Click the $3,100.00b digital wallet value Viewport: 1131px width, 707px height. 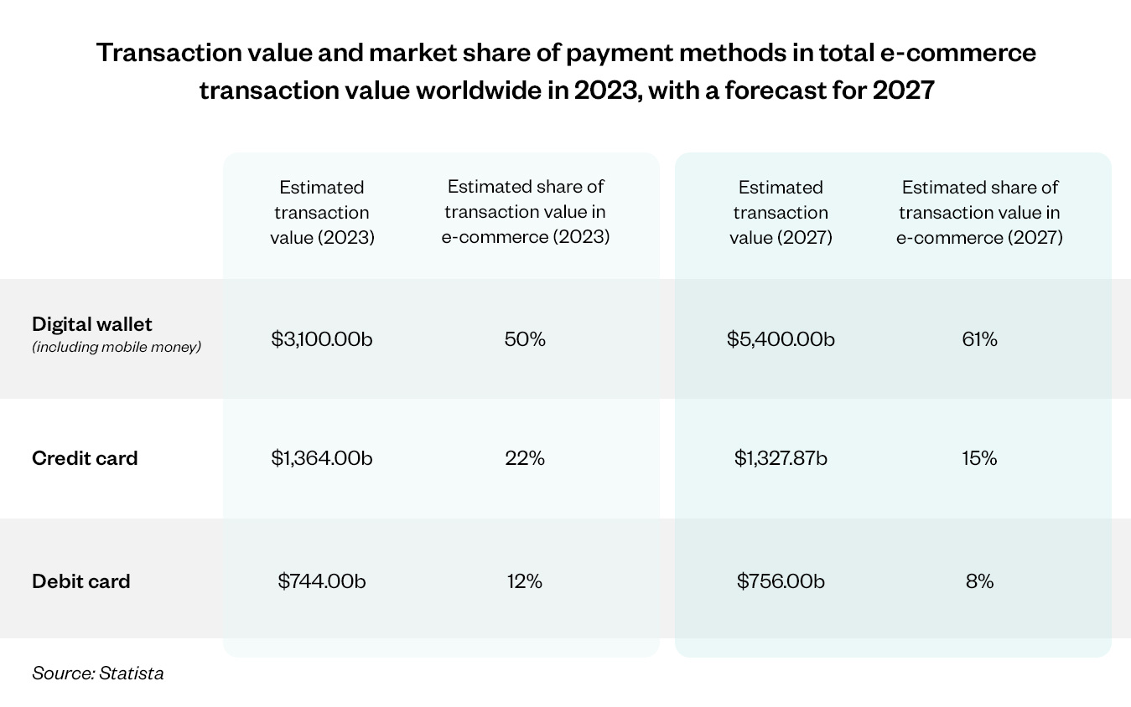[322, 339]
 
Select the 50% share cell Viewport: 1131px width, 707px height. [525, 339]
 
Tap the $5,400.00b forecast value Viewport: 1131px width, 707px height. [781, 339]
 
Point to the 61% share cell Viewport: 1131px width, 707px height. [979, 339]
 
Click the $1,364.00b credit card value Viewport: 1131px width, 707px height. [322, 458]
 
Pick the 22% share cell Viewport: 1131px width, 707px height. [525, 458]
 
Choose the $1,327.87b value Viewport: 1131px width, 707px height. [781, 458]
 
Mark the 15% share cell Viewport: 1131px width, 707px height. [979, 458]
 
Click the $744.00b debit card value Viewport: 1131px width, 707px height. [322, 581]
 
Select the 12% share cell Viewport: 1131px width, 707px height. [525, 581]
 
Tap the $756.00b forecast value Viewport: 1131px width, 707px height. [781, 581]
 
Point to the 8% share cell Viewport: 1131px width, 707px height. [979, 581]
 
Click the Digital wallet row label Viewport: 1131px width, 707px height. [92, 324]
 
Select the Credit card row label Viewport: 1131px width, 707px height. [85, 458]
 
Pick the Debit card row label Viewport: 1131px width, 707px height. [81, 581]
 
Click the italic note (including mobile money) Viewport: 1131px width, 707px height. [117, 347]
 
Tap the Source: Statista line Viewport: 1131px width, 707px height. [98, 672]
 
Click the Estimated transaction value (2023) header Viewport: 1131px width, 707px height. [322, 212]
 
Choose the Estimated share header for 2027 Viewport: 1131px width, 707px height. [979, 212]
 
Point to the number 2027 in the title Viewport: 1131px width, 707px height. [903, 89]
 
